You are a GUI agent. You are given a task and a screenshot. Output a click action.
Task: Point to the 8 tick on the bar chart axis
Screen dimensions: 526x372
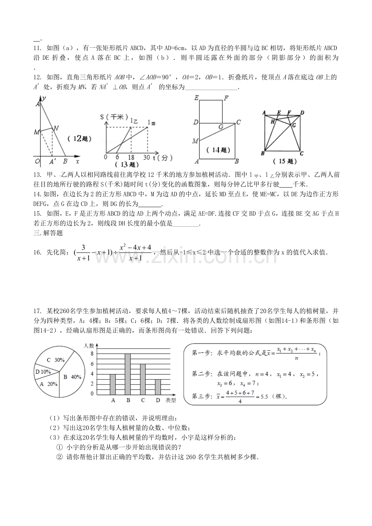(92, 354)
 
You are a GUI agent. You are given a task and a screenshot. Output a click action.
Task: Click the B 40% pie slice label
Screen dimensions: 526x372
(72, 377)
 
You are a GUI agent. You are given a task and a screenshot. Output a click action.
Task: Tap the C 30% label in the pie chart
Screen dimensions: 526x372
(56, 360)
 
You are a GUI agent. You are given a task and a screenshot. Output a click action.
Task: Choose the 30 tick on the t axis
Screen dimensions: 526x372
(146, 157)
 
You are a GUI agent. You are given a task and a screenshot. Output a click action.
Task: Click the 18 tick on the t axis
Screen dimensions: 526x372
(131, 157)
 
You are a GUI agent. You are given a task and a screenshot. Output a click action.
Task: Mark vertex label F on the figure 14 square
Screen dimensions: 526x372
(226, 97)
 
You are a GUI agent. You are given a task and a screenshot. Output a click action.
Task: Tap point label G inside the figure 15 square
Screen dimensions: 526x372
(294, 125)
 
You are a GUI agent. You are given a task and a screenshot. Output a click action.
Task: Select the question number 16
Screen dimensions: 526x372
(37, 252)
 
